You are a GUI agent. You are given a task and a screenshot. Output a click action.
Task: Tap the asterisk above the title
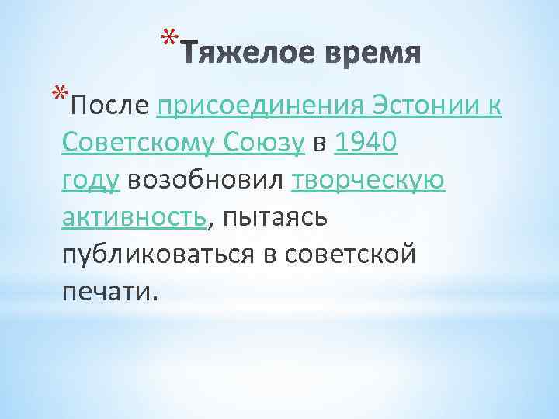pyautogui.click(x=170, y=36)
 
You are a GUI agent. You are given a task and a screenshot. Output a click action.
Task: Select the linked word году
pyautogui.click(x=90, y=180)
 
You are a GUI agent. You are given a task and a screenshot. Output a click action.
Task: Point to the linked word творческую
pyautogui.click(x=368, y=180)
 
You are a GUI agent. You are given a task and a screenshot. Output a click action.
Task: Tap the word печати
pyautogui.click(x=108, y=292)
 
